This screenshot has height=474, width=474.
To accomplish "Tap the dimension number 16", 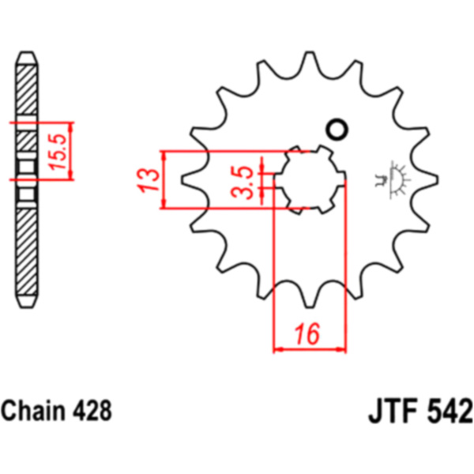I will coord(309,335).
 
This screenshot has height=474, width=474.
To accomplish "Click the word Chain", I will coord(33,412).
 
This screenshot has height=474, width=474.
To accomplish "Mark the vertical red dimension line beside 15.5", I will coord(72,150).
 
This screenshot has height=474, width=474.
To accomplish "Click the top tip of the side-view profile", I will coord(26,57).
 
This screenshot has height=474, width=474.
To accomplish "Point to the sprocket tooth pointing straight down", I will coord(310,296).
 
